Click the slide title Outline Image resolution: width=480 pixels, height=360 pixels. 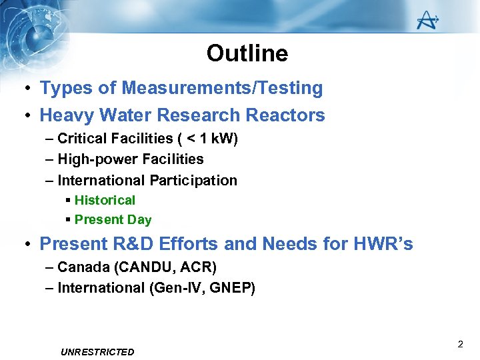click(247, 53)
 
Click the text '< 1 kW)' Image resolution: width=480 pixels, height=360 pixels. click(211, 139)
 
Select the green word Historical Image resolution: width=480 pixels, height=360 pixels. click(105, 200)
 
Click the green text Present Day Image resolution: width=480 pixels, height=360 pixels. click(113, 219)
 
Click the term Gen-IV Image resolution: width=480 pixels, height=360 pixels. click(173, 288)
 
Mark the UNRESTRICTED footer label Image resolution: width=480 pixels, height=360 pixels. click(97, 352)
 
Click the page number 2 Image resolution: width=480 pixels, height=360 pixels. click(460, 345)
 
